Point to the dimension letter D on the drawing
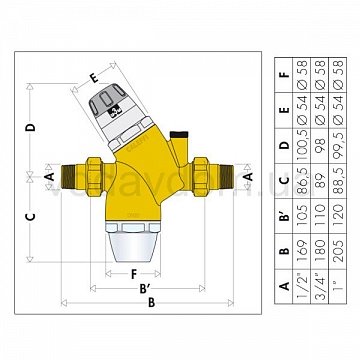[32, 127]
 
